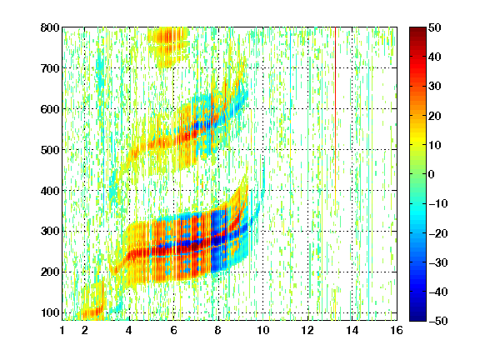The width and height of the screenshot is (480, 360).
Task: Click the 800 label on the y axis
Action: click(x=50, y=27)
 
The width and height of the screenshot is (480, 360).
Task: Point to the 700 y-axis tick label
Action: click(x=50, y=68)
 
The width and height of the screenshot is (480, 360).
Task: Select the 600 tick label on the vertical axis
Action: click(x=50, y=109)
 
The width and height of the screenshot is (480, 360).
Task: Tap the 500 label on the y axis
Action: click(x=50, y=150)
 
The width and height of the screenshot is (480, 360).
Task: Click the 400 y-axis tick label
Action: click(x=50, y=191)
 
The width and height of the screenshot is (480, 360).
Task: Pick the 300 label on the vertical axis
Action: click(x=50, y=231)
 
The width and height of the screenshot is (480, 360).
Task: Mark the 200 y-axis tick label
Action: click(x=50, y=272)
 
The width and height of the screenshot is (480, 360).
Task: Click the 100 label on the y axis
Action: click(x=50, y=312)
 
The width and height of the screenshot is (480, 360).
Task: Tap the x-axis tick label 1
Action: click(x=62, y=330)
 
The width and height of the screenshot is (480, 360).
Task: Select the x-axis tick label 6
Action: click(x=173, y=330)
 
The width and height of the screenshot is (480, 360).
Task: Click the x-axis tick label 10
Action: click(x=262, y=330)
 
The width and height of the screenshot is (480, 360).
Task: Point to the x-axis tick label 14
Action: click(x=352, y=330)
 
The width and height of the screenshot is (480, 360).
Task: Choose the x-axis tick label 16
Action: click(x=397, y=330)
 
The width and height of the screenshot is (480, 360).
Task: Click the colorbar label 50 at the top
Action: click(x=435, y=27)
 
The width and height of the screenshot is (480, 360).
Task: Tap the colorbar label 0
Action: click(x=432, y=174)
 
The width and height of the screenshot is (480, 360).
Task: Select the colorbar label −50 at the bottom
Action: click(x=438, y=321)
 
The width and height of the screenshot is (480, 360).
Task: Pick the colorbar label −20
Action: click(x=438, y=233)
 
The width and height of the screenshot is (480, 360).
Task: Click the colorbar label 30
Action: click(x=435, y=86)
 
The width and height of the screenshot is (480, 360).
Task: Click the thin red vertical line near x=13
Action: click(x=336, y=107)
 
